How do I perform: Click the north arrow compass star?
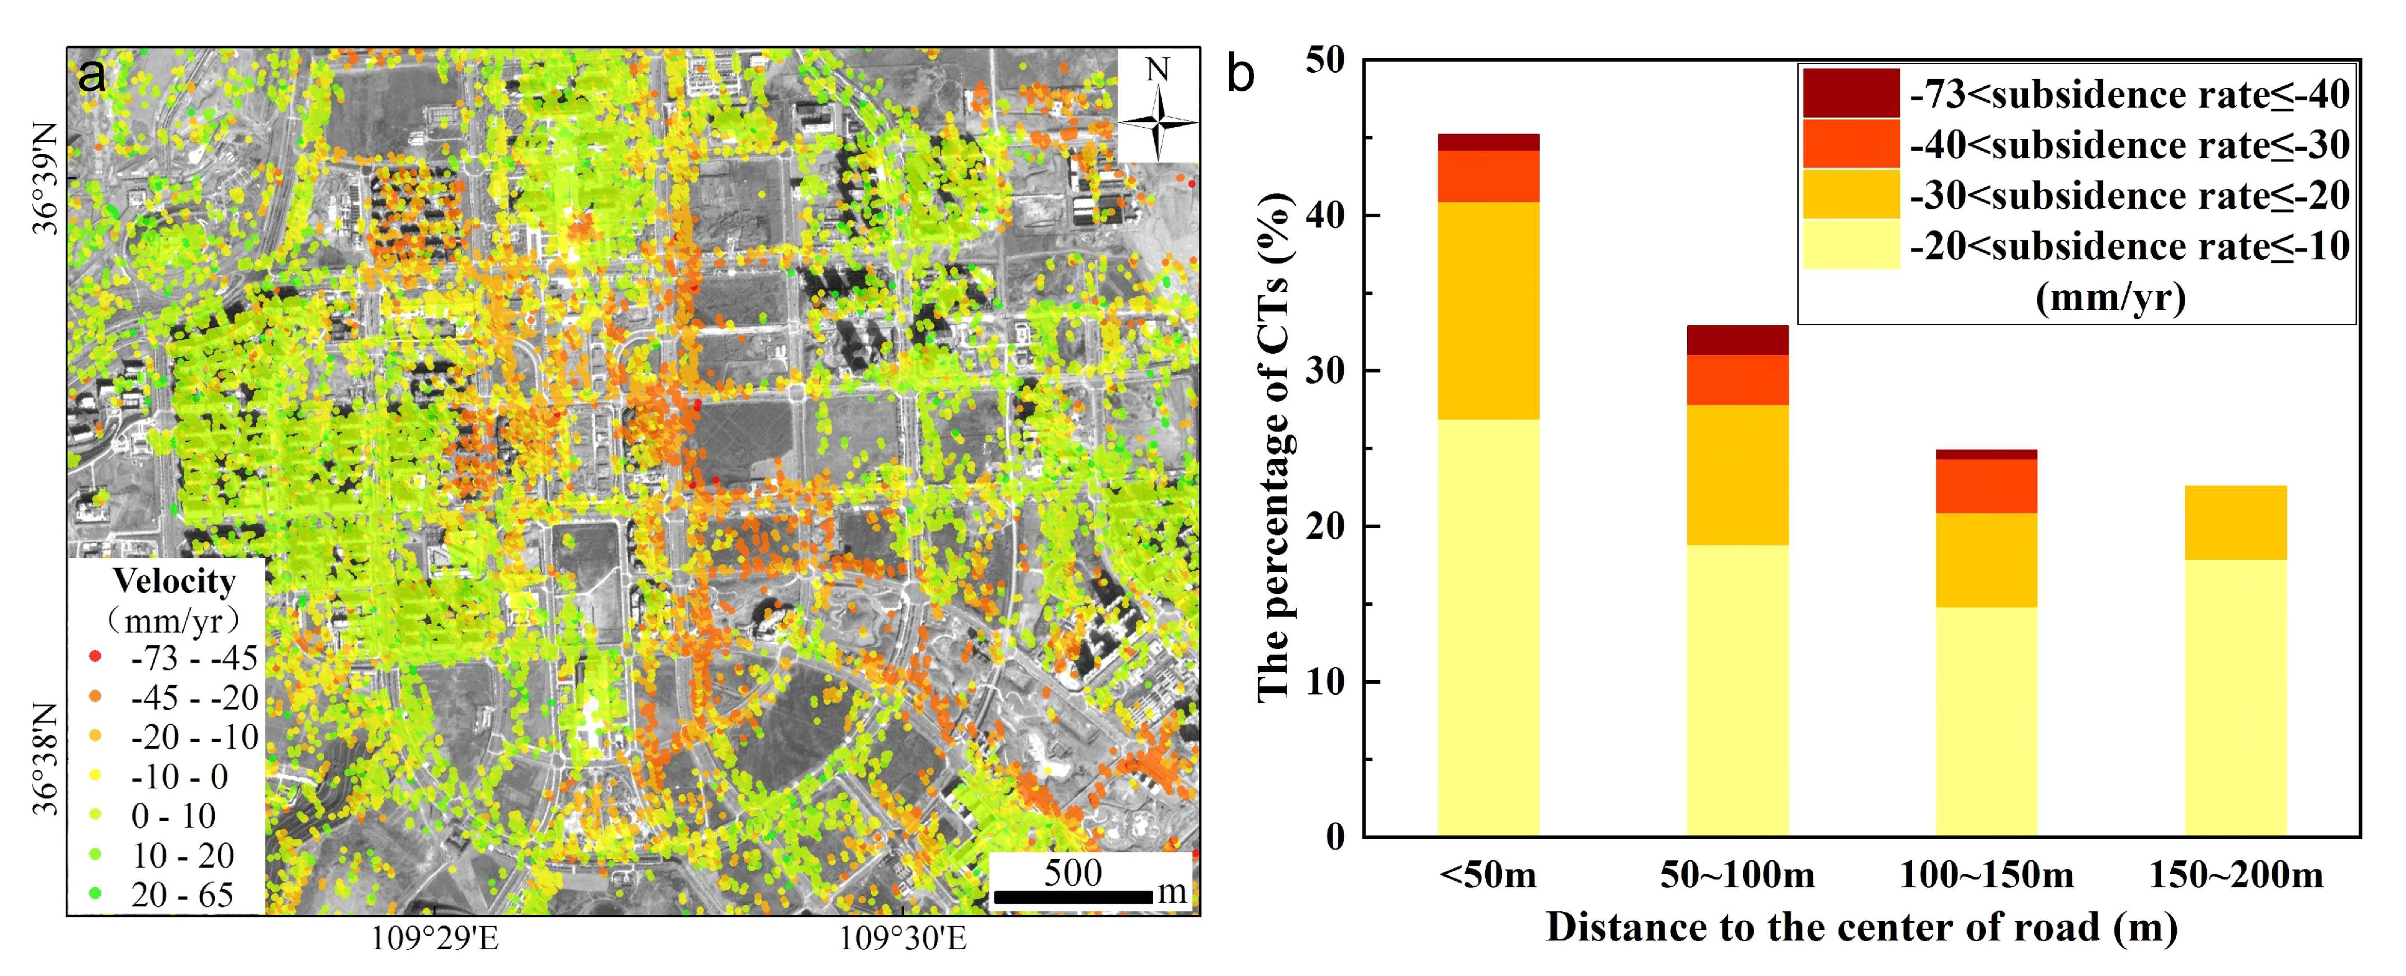click(1158, 122)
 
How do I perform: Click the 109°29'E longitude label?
click(435, 938)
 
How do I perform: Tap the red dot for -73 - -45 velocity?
click(94, 656)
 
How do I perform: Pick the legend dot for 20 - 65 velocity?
click(94, 893)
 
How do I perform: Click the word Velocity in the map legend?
click(174, 581)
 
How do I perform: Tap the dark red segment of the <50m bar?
click(1488, 142)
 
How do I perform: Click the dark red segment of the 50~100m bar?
click(1738, 340)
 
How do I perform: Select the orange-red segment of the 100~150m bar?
click(1987, 486)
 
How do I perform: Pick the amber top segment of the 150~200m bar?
click(2236, 522)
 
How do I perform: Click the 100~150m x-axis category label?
click(1987, 875)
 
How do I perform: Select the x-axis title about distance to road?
click(1862, 927)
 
